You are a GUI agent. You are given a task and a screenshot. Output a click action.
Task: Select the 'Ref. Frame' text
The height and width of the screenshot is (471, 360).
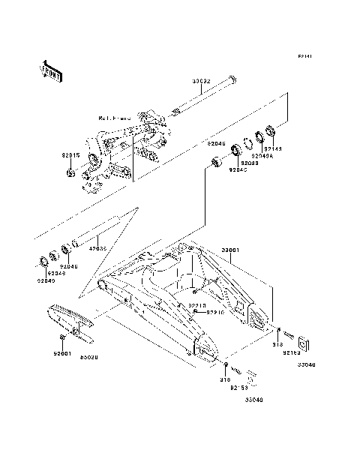click(x=115, y=118)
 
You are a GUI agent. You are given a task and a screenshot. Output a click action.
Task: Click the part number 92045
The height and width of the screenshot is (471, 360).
click(x=238, y=169)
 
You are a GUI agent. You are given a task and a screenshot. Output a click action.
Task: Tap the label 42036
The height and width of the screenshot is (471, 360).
click(x=98, y=247)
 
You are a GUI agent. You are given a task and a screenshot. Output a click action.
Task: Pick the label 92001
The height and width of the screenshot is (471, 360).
click(x=61, y=352)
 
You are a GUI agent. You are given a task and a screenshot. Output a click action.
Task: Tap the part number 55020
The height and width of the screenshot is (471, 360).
click(x=89, y=358)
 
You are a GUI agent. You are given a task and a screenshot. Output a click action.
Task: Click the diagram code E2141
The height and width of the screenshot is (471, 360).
click(x=304, y=56)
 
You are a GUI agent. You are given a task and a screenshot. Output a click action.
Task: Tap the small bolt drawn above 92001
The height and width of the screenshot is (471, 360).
click(x=62, y=339)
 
